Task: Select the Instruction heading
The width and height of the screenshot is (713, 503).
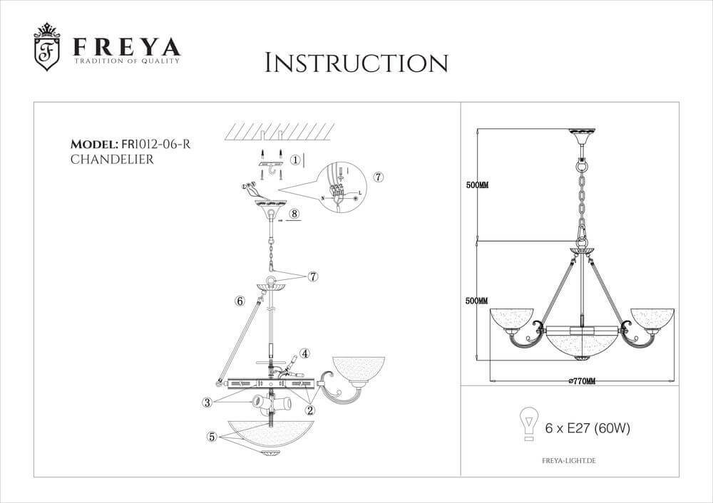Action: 356,63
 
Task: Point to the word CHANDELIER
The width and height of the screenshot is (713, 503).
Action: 113,160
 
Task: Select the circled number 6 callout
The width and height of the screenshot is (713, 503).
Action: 240,301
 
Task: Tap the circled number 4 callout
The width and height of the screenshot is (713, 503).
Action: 304,353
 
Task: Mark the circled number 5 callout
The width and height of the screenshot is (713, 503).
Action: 212,437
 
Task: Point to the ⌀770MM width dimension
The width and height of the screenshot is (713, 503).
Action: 582,381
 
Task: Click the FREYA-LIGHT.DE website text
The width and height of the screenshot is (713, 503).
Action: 565,462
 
